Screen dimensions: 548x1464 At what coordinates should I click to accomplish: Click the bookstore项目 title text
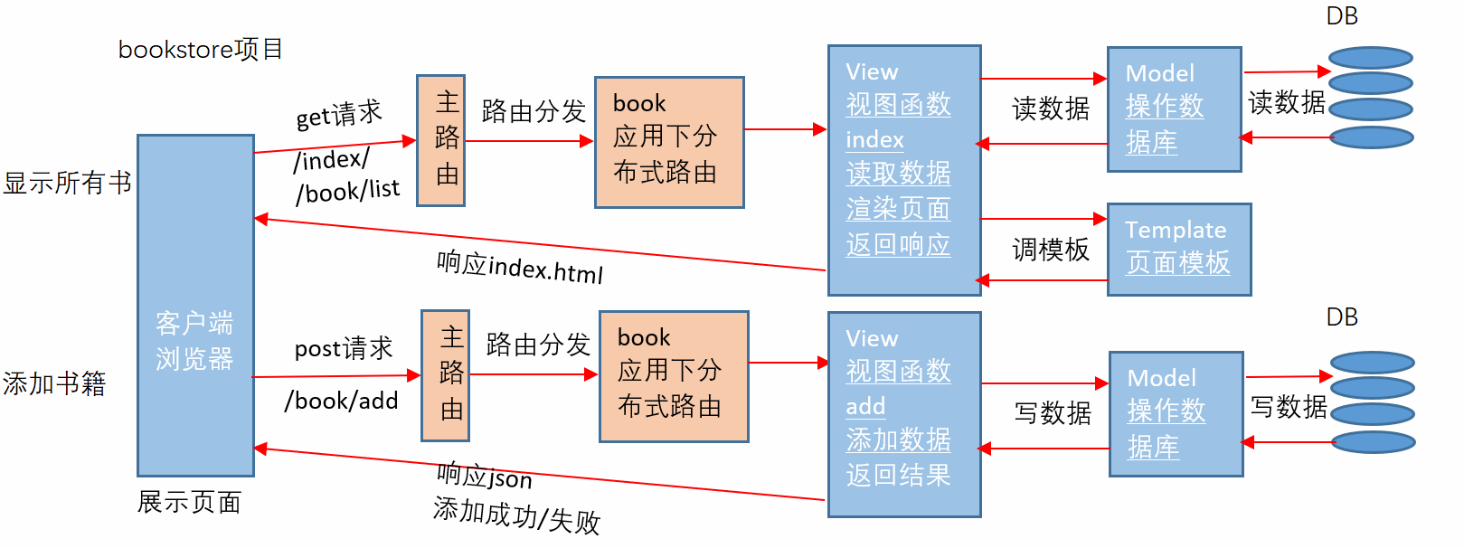[x=200, y=49]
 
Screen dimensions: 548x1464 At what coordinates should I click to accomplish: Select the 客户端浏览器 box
[x=195, y=306]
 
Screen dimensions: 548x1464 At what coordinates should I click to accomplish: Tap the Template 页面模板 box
[x=1178, y=249]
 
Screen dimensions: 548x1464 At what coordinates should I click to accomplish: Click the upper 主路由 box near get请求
[x=441, y=140]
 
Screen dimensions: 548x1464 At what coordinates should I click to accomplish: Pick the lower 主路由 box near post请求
[x=446, y=375]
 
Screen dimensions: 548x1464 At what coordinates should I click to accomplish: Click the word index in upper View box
[x=874, y=140]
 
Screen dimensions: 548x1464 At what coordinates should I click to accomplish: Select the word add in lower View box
[x=865, y=407]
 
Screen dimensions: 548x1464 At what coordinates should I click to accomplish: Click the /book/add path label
[x=342, y=401]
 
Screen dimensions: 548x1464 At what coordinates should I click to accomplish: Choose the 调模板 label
[x=1051, y=250]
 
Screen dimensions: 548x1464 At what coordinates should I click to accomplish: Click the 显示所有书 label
[x=67, y=183]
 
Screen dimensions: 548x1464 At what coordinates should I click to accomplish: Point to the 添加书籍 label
[x=54, y=383]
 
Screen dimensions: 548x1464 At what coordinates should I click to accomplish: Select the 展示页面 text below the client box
[x=189, y=502]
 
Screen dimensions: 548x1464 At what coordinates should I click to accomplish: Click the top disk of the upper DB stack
[x=1371, y=58]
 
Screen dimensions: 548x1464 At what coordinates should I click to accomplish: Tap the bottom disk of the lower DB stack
[x=1373, y=442]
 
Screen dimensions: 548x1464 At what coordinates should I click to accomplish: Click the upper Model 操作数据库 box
[x=1174, y=109]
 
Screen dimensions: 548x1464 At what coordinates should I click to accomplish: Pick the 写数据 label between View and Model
[x=1053, y=413]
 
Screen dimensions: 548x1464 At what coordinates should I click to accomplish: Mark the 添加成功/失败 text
[x=516, y=515]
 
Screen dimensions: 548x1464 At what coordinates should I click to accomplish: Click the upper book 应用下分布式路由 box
[x=669, y=142]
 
